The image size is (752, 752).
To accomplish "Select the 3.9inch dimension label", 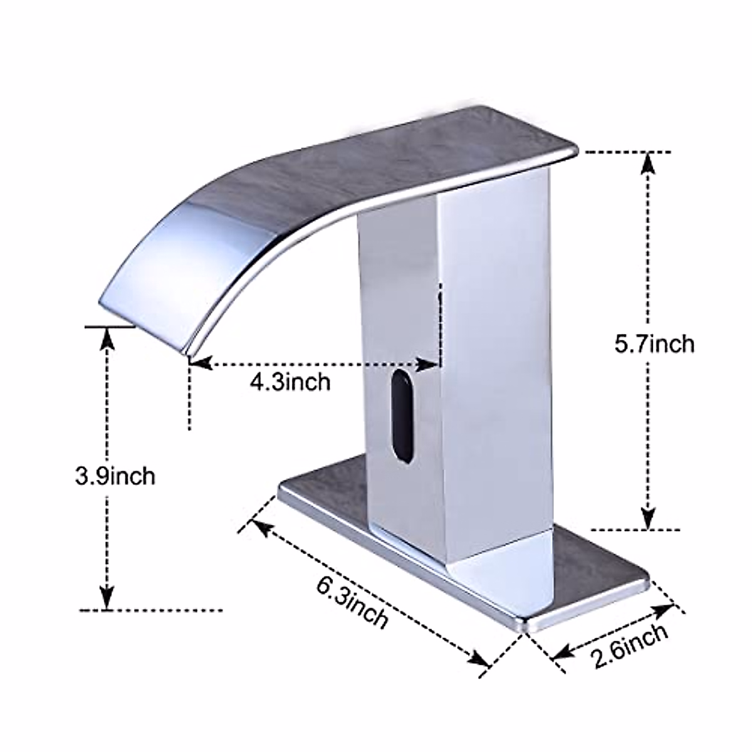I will coord(115,476).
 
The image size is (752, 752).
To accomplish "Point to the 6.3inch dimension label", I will coord(352,606).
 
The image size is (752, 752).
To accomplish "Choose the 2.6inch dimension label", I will coord(629,645).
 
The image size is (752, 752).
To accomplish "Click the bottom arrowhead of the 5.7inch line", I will coord(649,517).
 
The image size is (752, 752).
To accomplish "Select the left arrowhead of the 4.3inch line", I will coord(199,363).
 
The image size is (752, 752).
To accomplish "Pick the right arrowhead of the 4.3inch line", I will coord(429,363).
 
